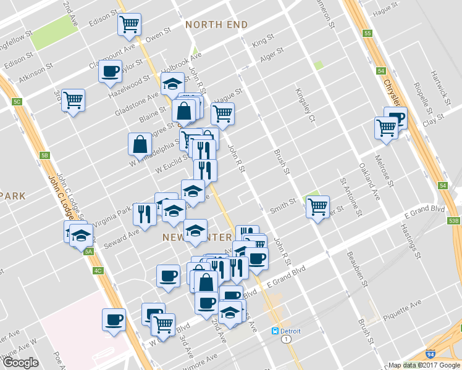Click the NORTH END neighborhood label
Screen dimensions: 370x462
pyautogui.click(x=217, y=25)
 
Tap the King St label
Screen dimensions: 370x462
pyautogui.click(x=263, y=40)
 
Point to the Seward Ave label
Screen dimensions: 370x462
pyautogui.click(x=125, y=236)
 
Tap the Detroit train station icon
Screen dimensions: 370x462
pyautogui.click(x=275, y=331)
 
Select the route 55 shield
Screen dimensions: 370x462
pyautogui.click(x=367, y=33)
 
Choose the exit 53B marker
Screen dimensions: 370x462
pyautogui.click(x=454, y=221)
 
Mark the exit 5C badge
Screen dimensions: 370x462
pyautogui.click(x=17, y=101)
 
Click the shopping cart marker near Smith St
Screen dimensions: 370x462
pyautogui.click(x=317, y=207)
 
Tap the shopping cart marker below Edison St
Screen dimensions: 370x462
pyautogui.click(x=129, y=24)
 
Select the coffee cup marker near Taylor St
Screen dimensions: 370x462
pyautogui.click(x=110, y=72)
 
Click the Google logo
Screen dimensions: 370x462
pyautogui.click(x=20, y=363)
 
